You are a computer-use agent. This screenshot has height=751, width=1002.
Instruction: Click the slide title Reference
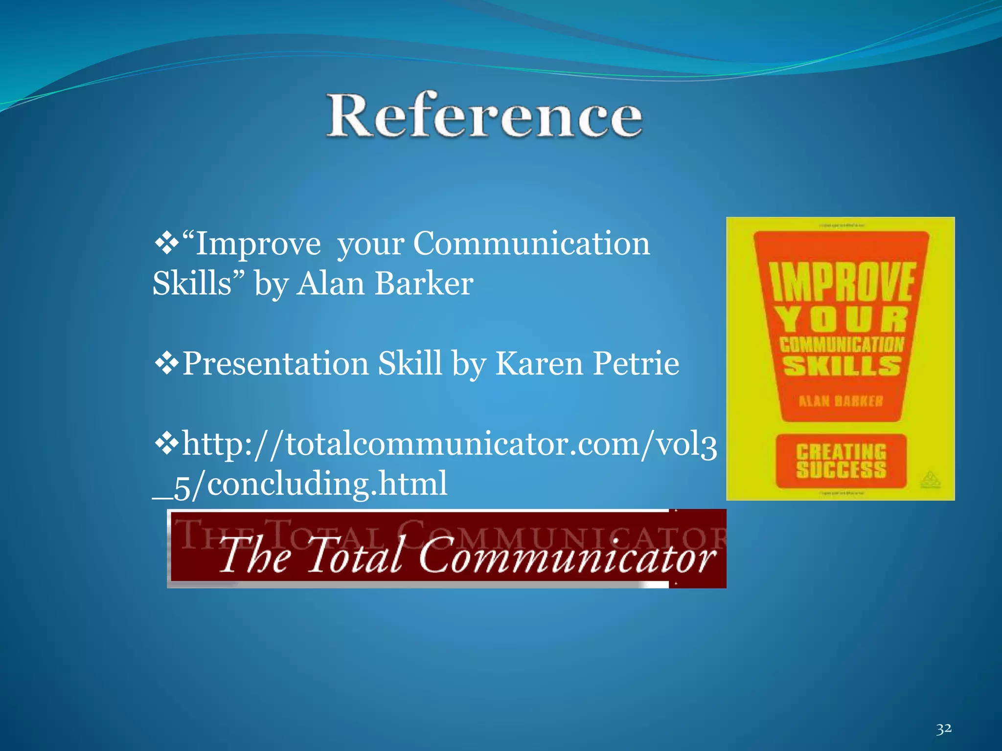[484, 115]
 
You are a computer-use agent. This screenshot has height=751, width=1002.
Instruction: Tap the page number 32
[944, 729]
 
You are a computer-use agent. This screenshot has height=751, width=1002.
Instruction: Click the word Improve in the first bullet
[258, 243]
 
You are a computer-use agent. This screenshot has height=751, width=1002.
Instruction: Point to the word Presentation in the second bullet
[275, 363]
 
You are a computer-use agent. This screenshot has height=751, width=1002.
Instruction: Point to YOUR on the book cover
[842, 320]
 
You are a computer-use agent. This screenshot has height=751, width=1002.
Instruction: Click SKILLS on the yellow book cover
[842, 366]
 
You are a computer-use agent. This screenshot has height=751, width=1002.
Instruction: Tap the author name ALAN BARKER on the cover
[841, 401]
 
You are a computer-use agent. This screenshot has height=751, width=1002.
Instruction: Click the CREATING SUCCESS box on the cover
[841, 461]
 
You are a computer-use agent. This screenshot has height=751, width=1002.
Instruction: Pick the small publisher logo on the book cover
[930, 479]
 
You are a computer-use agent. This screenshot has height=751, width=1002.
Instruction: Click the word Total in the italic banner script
[355, 555]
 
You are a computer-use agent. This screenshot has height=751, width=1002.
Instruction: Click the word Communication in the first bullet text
[531, 243]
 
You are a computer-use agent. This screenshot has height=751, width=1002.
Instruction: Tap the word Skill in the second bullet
[410, 363]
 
